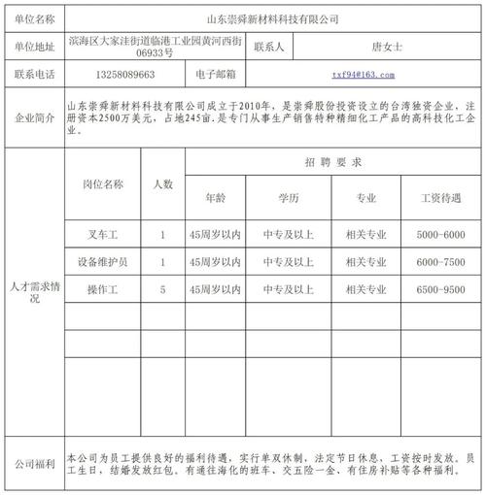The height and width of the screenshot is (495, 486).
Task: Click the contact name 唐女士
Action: pyautogui.click(x=386, y=47)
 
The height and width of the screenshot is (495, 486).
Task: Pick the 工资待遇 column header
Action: pyautogui.click(x=441, y=198)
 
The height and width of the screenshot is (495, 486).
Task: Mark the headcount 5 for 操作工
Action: pyautogui.click(x=162, y=289)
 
